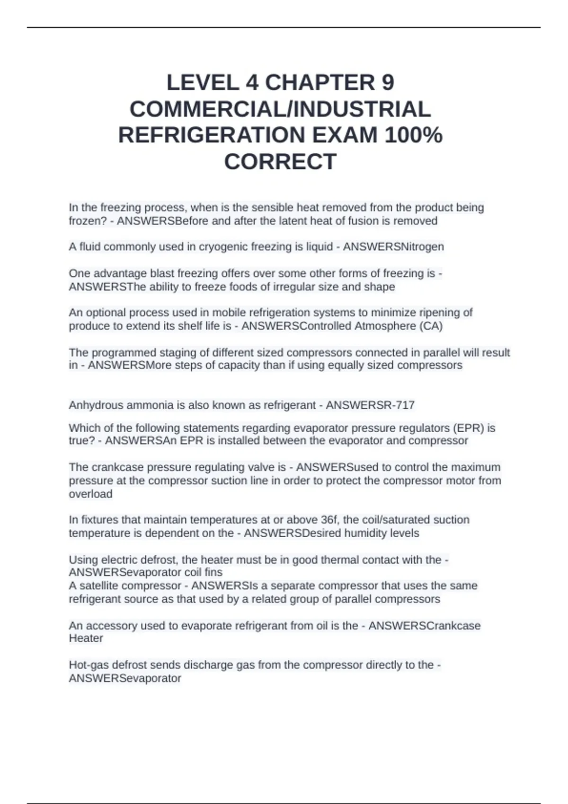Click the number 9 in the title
click(387, 83)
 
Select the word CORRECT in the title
click(280, 162)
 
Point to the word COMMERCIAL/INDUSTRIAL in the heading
click(280, 109)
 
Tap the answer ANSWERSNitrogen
click(393, 247)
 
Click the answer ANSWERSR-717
click(370, 405)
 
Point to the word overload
click(90, 494)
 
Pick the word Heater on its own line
click(86, 638)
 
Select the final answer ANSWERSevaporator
click(125, 678)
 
